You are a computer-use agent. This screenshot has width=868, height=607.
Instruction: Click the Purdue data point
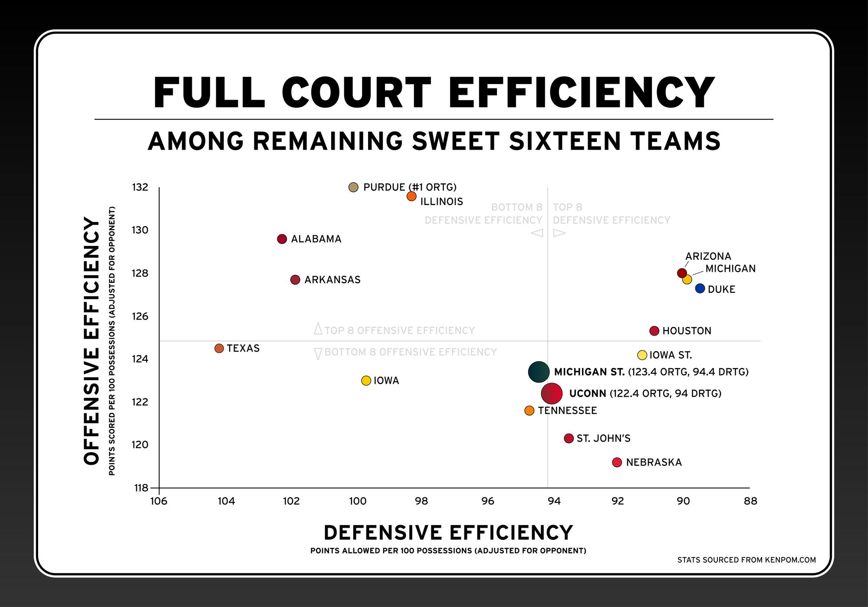point(353,187)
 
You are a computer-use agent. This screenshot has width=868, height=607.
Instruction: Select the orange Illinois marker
point(411,196)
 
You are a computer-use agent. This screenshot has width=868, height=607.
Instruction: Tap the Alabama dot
point(282,239)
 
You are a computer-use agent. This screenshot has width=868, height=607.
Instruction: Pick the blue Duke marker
point(700,288)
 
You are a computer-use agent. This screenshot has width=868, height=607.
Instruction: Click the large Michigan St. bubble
point(539,372)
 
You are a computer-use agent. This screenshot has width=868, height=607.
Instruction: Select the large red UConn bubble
point(552,393)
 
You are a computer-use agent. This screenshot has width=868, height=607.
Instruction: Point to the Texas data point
point(219,348)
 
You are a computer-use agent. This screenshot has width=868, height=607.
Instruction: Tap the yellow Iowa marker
point(366,380)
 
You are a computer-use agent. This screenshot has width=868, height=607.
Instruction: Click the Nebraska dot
point(617,462)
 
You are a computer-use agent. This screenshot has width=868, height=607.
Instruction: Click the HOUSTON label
point(687,331)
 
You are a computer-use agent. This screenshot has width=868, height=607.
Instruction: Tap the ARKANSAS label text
point(332,280)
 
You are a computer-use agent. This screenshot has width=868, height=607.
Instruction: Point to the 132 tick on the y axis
point(140,187)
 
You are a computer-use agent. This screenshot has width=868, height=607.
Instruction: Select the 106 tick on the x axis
point(159,501)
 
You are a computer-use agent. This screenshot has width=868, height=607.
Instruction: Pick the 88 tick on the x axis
point(750,501)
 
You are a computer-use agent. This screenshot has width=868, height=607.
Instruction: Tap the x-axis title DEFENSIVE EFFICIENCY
point(448,532)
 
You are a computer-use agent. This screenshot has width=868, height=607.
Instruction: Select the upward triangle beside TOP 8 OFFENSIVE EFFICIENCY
point(318,329)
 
